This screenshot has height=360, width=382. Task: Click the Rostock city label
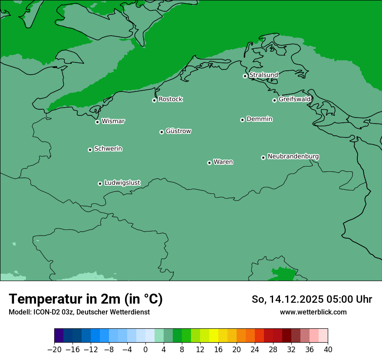pyautogui.click(x=170, y=99)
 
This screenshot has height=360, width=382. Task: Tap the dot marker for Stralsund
pyautogui.click(x=245, y=76)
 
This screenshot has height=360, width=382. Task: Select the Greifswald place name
pyautogui.click(x=294, y=99)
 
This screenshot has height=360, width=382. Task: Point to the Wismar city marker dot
pyautogui.click(x=97, y=122)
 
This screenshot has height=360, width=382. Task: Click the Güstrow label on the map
pyautogui.click(x=178, y=131)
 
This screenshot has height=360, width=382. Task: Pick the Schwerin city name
pyautogui.click(x=108, y=149)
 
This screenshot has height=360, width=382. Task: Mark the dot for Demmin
pyautogui.click(x=242, y=120)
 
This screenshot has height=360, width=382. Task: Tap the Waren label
pyautogui.click(x=223, y=162)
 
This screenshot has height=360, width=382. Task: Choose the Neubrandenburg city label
pyautogui.click(x=293, y=156)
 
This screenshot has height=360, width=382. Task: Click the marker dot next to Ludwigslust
pyautogui.click(x=100, y=183)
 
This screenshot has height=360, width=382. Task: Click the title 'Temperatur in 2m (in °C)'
pyautogui.click(x=86, y=299)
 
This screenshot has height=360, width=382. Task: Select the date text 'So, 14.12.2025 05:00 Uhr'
pyautogui.click(x=312, y=299)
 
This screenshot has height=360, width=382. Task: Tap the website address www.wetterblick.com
pyautogui.click(x=313, y=312)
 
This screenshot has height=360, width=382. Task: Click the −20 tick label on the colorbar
pyautogui.click(x=54, y=350)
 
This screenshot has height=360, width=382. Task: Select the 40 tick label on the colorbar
pyautogui.click(x=328, y=350)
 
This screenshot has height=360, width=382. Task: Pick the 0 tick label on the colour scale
pyautogui.click(x=145, y=350)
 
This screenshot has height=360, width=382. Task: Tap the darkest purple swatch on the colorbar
pyautogui.click(x=59, y=336)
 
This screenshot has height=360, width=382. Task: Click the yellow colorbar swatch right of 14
pyautogui.click(x=214, y=336)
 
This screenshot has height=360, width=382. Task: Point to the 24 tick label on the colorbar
pyautogui.click(x=255, y=350)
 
